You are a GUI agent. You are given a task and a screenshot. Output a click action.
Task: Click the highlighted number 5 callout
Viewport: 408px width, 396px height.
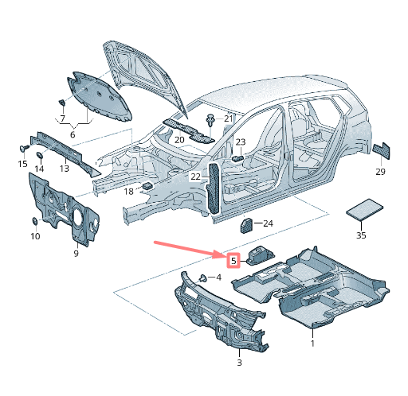(x=233, y=261)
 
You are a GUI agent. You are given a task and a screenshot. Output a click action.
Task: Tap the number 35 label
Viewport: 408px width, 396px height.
(x=361, y=235)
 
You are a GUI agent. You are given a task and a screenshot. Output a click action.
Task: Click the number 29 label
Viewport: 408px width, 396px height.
(x=380, y=172)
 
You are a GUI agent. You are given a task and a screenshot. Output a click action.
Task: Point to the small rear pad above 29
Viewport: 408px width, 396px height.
(x=382, y=150)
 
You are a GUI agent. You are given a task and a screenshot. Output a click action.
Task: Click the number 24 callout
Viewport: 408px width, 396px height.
(x=268, y=223)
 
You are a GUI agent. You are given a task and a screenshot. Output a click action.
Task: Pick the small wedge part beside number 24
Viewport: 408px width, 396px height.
(x=246, y=225)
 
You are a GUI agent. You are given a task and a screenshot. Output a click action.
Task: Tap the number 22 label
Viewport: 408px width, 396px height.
(x=195, y=177)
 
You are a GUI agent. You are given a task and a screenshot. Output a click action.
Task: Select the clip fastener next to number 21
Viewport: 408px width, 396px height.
(x=210, y=121)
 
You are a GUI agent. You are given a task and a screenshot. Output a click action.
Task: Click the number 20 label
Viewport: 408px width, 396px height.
(x=179, y=140)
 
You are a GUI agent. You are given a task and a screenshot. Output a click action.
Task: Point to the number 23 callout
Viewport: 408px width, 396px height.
(x=241, y=142)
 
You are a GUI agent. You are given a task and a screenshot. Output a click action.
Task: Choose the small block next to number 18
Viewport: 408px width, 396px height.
(x=147, y=185)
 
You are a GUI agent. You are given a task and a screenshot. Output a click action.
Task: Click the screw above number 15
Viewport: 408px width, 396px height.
(x=24, y=148)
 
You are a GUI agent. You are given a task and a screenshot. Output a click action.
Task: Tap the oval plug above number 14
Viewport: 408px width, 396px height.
(x=39, y=155)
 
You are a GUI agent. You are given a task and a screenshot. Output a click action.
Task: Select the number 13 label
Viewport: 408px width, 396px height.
(x=65, y=169)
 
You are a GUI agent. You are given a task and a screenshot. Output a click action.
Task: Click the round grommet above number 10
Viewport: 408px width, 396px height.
(x=35, y=221)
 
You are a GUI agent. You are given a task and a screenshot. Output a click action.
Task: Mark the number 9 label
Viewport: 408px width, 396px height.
(x=76, y=254)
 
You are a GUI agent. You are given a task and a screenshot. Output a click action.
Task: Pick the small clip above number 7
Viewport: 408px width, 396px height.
(x=62, y=102)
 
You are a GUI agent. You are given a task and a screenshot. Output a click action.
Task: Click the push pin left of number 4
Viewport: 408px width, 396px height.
(x=203, y=278)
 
